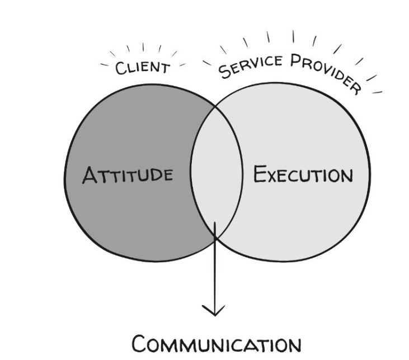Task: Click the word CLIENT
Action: [x=142, y=67]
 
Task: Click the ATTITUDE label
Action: [x=128, y=175]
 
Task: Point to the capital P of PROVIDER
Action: [x=297, y=62]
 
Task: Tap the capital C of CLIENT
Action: [x=120, y=69]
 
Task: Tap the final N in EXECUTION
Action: [x=346, y=176]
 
